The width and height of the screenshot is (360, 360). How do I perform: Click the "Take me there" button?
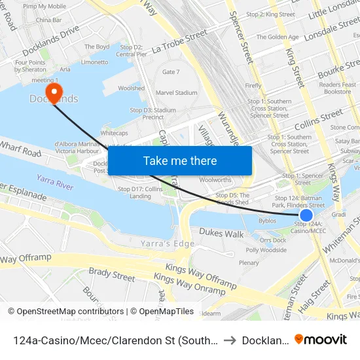click(x=179, y=160)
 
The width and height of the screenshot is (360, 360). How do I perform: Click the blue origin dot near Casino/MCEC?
click(x=306, y=215)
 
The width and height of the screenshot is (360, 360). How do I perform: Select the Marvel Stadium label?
click(x=176, y=93)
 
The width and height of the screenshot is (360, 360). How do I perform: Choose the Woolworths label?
click(x=215, y=179)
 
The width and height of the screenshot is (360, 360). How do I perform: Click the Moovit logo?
click(x=320, y=339)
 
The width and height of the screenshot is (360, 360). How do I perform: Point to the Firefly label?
click(x=253, y=86)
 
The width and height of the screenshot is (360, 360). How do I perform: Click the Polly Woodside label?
click(x=266, y=250)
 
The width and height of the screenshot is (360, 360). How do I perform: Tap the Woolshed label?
click(x=131, y=88)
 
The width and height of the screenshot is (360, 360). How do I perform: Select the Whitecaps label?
click(x=114, y=132)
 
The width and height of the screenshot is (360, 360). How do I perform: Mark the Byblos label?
click(x=267, y=221)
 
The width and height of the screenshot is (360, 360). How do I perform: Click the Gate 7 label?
click(x=170, y=72)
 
